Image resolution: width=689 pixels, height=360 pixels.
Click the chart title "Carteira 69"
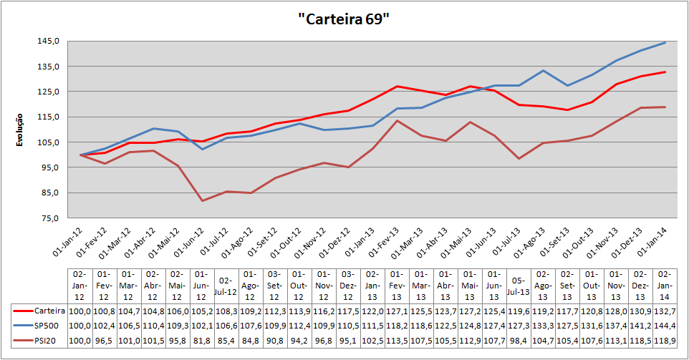[343, 19]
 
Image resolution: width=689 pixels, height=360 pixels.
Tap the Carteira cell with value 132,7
[664, 311]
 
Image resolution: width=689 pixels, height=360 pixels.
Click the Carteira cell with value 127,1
[396, 311]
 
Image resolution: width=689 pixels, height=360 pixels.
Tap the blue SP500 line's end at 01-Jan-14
[665, 42]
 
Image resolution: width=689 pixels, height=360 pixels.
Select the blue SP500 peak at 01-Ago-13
[544, 70]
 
